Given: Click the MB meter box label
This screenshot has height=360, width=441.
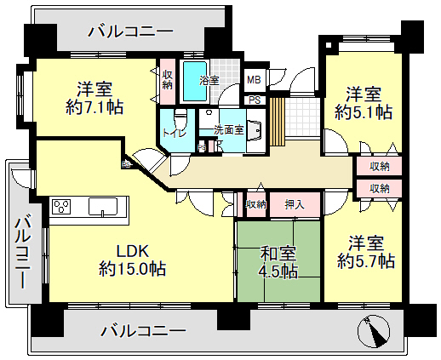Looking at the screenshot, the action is coord(254,80).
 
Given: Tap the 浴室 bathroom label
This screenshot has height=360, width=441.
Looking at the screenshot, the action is coord(209,81).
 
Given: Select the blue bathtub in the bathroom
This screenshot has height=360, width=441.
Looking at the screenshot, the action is coord(195,81).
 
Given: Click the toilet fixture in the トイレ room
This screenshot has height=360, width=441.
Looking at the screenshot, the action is coord(180,120).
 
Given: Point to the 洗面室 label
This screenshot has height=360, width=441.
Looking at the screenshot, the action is coord(229,130).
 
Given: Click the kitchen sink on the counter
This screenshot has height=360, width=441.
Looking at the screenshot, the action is coord(103,206).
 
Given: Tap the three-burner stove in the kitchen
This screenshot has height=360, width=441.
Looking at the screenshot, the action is coord(61,207).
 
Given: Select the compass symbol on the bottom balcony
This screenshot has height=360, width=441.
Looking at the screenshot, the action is coord(374,331).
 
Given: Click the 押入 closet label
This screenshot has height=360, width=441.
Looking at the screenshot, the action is coord(295,204).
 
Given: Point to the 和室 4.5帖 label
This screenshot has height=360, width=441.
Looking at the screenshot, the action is coord(278,262).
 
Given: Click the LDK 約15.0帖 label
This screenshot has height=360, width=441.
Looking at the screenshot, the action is coord(132,260).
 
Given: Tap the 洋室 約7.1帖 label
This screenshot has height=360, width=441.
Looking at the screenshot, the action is coord(94,98).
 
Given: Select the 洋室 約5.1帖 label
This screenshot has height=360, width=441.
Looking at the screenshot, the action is coord(364,103).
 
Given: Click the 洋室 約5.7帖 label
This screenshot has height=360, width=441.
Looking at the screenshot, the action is coord(366,252).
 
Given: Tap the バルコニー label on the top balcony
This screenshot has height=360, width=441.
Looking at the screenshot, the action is coord(130,31).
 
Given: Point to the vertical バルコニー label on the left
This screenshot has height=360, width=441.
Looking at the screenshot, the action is coord(23,253).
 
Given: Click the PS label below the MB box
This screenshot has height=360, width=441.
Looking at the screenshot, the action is coord(255,100).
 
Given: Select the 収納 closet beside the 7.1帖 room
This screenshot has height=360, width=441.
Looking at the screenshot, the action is coord(168,81).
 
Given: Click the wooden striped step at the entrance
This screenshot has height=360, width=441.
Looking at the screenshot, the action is coord(278,122).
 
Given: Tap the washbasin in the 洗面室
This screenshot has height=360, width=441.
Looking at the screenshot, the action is coord(254,130).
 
